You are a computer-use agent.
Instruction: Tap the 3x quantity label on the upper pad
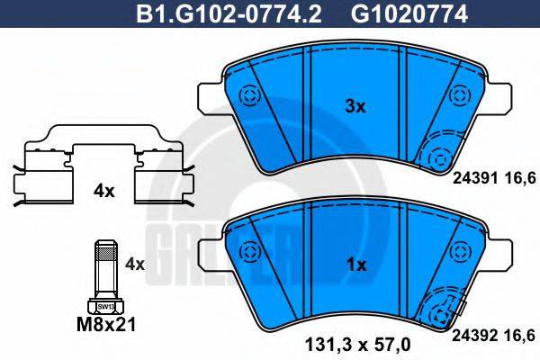coord(356,106)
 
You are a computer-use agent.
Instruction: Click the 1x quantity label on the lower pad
coord(356,265)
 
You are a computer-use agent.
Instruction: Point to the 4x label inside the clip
coord(104,191)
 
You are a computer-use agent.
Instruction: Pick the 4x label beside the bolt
coord(134,264)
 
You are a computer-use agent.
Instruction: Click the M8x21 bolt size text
coord(105,324)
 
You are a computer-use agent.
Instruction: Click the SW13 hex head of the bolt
coord(105,305)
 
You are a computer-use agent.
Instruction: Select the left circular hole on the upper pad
coord(247,94)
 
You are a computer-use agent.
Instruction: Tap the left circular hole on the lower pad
coord(247,252)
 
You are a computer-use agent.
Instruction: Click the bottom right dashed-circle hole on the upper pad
coord(441,157)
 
